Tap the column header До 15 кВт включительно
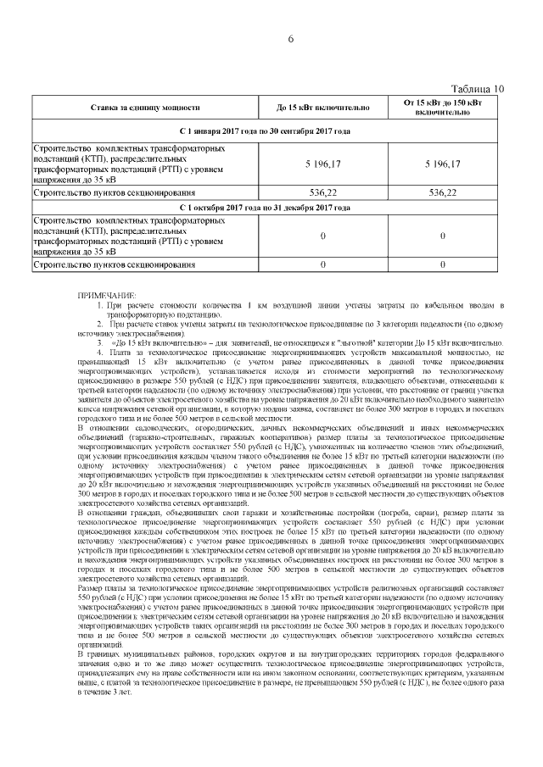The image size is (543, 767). coord(323,108)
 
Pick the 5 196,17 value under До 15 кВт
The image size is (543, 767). coord(323,163)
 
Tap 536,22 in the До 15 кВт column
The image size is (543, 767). coord(323,192)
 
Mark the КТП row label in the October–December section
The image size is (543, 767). coord(127,236)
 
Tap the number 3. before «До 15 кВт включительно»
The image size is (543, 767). coord(100,340)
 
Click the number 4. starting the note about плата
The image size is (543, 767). coord(100,350)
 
